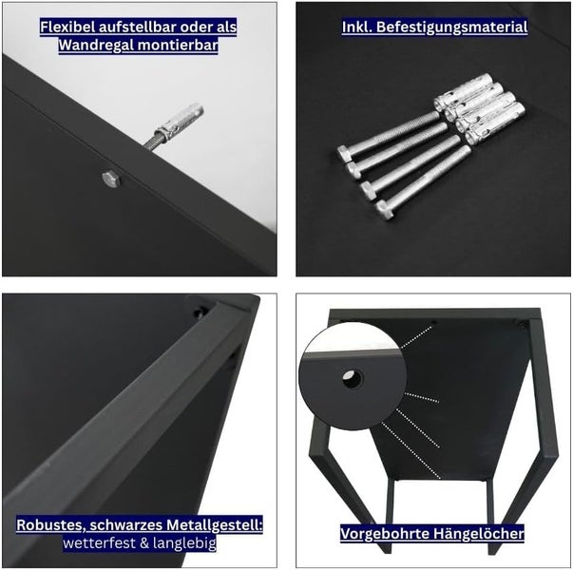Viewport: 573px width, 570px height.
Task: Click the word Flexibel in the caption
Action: (x=68, y=27)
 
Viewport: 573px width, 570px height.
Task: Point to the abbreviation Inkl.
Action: (x=358, y=27)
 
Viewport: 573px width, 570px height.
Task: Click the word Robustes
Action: (x=48, y=525)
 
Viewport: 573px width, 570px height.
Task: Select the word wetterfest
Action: (x=95, y=544)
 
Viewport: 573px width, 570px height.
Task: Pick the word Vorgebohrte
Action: (x=384, y=534)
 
